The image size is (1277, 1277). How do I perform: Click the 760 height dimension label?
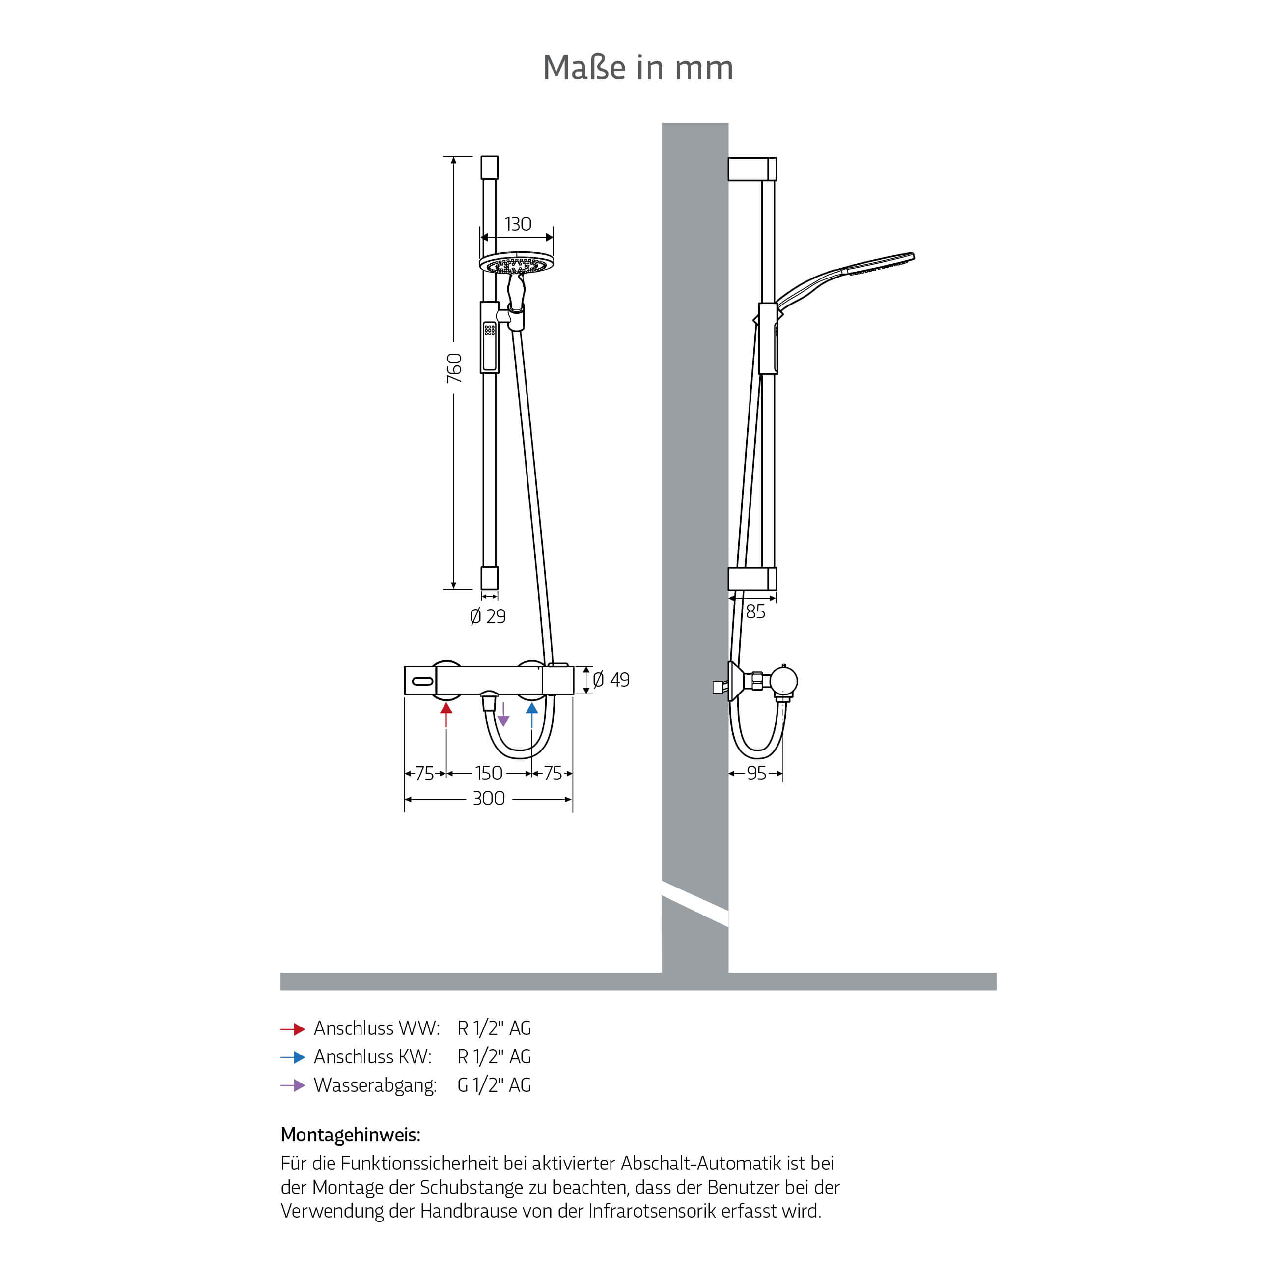[x=454, y=368]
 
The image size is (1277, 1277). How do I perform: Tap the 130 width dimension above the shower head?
[x=518, y=224]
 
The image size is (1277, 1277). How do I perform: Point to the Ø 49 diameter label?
[x=611, y=679]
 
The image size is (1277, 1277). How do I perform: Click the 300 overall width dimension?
[x=489, y=799]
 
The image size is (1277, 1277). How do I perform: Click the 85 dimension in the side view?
[x=755, y=612]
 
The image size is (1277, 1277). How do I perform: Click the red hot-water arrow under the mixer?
[x=446, y=715]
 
